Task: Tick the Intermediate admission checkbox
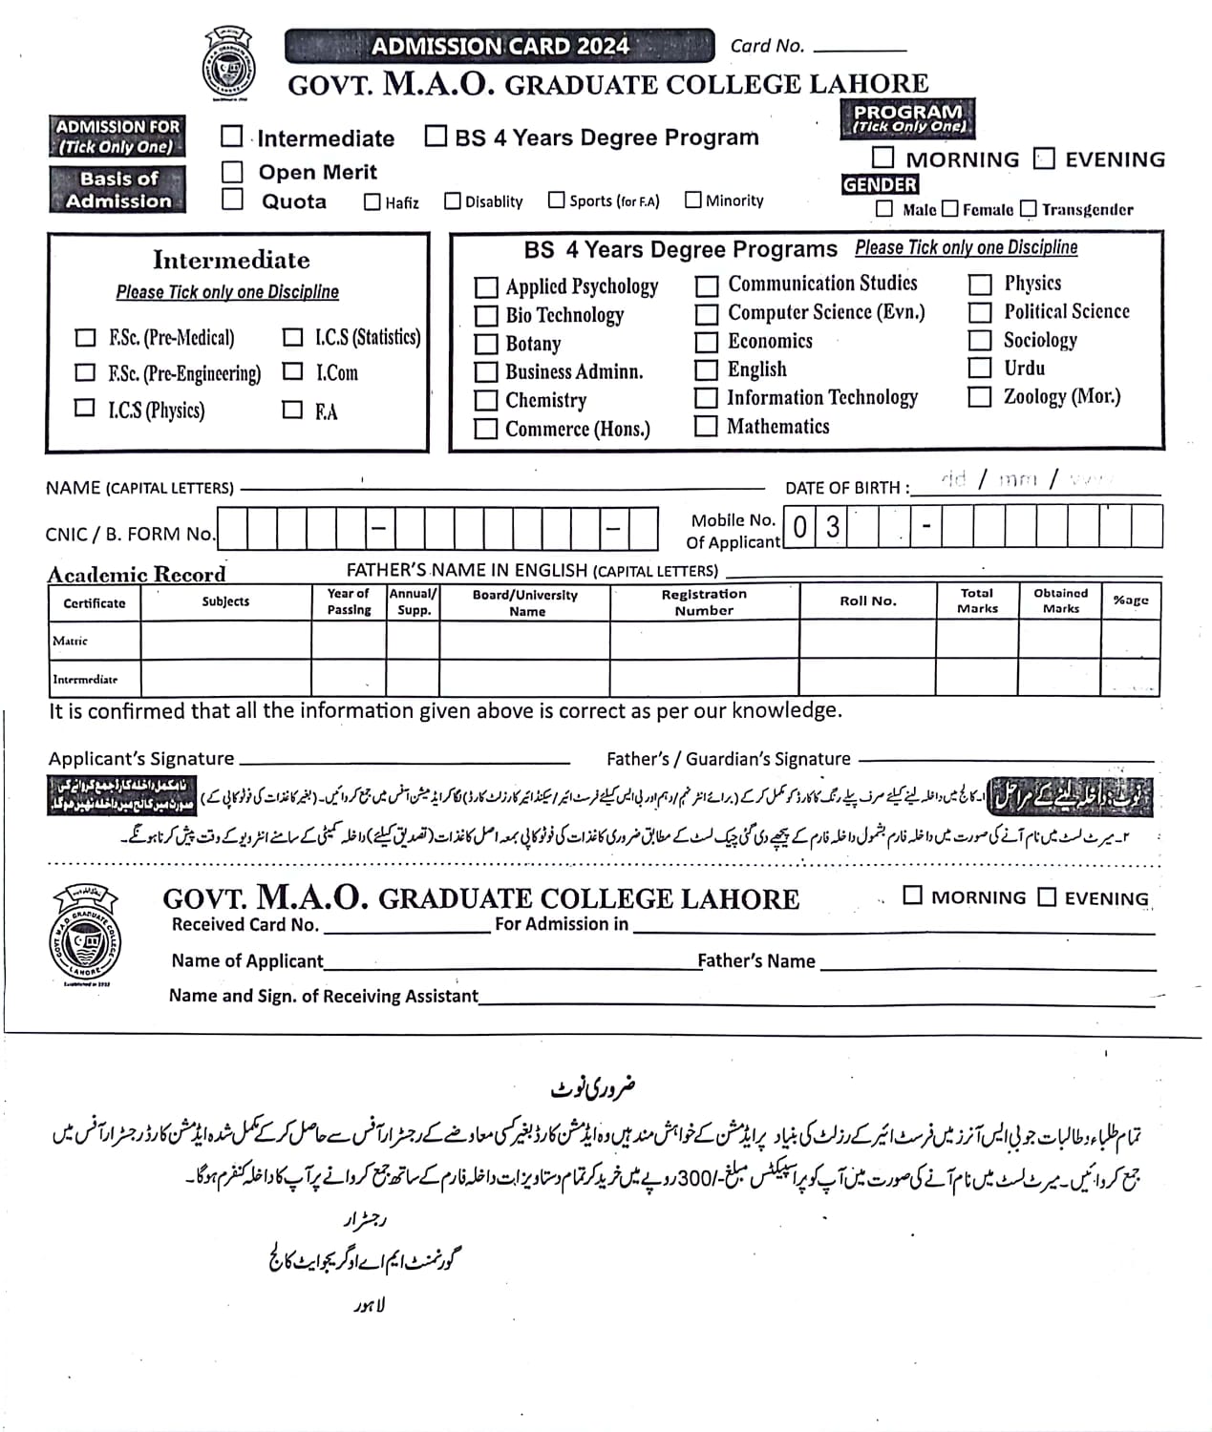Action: click(x=232, y=137)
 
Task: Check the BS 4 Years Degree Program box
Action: click(x=436, y=136)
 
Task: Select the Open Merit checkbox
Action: click(x=232, y=172)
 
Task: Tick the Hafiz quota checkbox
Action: click(x=372, y=201)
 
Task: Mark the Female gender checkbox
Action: click(x=949, y=208)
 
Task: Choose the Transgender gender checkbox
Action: click(x=1028, y=208)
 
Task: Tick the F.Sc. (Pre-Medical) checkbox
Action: click(x=85, y=337)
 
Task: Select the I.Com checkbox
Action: click(x=293, y=371)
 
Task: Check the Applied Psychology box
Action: click(x=486, y=286)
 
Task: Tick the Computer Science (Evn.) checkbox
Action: click(x=707, y=313)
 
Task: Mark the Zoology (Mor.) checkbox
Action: click(x=980, y=396)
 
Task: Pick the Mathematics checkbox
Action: click(x=706, y=426)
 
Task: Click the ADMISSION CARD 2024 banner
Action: click(x=499, y=46)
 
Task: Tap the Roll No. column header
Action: click(x=867, y=601)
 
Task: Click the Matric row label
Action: click(x=71, y=641)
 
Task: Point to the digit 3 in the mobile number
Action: click(x=833, y=526)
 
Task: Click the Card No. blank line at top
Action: click(x=859, y=48)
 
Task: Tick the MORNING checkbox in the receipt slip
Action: click(x=913, y=895)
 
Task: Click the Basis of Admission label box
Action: click(x=118, y=189)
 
